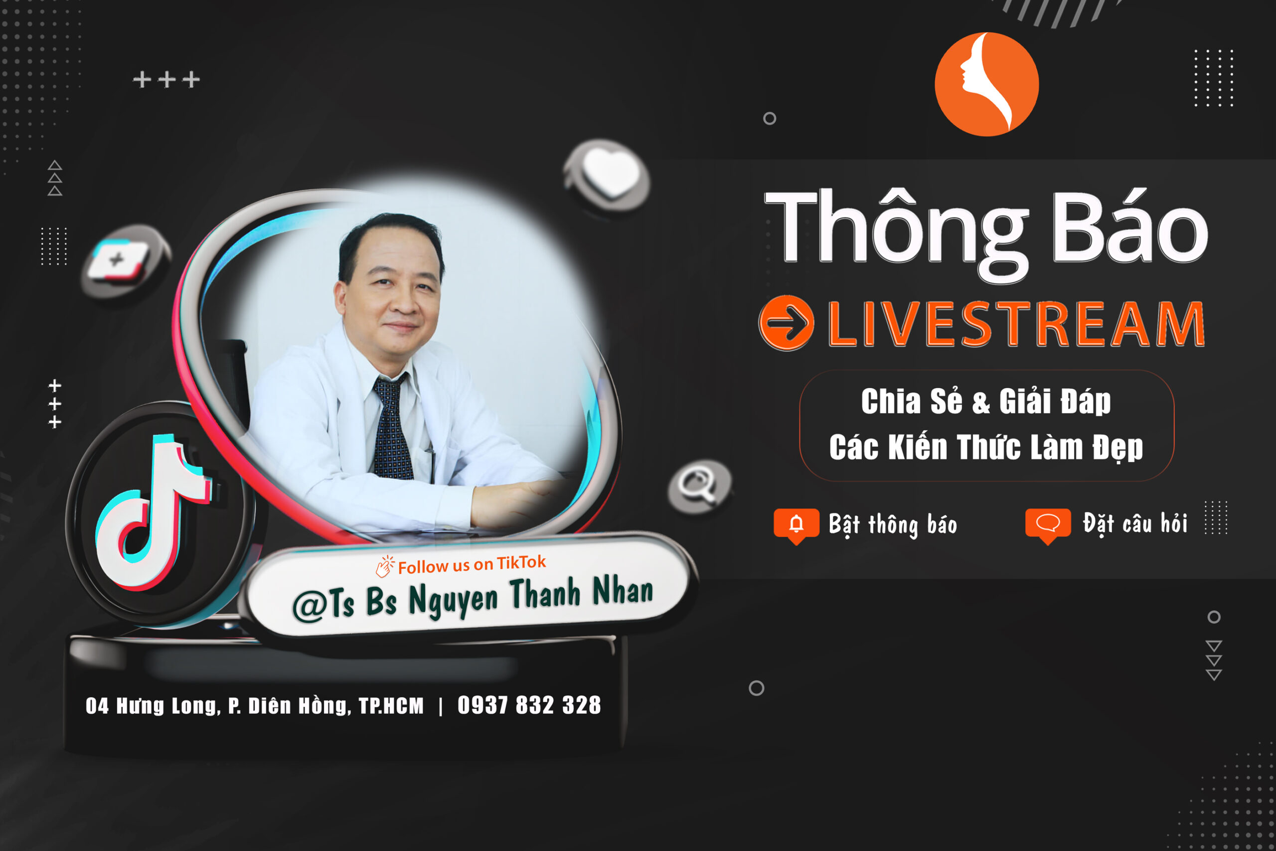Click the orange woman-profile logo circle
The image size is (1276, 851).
986,84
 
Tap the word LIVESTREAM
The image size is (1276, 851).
1016,324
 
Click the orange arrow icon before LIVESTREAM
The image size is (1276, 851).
787,323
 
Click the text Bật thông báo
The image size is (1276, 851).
893,525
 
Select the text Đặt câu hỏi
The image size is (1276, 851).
1135,524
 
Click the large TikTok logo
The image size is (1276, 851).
154,513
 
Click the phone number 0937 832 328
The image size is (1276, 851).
529,705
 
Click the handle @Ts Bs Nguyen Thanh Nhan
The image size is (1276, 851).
473,599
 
